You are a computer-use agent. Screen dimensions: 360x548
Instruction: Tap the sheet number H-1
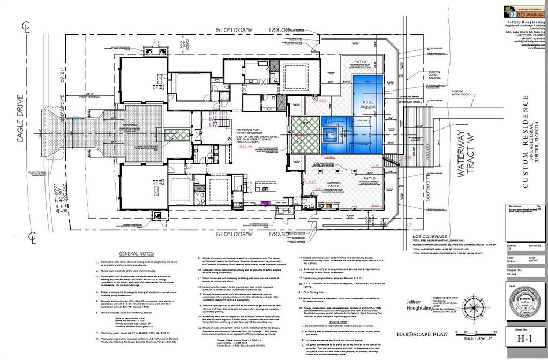coord(524,339)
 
